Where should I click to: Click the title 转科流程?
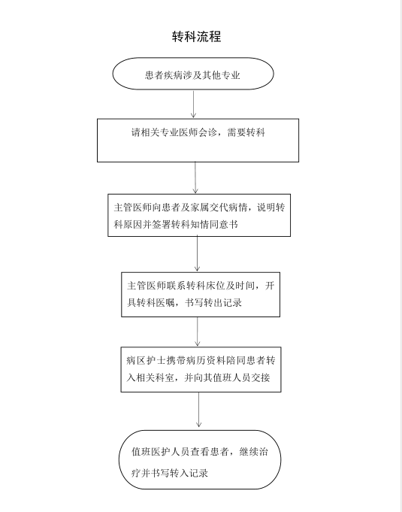click(x=197, y=36)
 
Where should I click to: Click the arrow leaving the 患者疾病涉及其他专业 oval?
click(x=194, y=104)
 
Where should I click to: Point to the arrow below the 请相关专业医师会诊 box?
click(x=195, y=177)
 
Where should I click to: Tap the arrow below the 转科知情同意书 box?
click(x=197, y=253)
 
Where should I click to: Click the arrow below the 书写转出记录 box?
click(x=198, y=332)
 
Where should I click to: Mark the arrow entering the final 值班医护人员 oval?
click(x=198, y=410)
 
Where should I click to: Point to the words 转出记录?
click(x=223, y=303)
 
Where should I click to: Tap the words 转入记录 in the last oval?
click(x=189, y=473)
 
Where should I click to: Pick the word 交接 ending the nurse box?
click(x=261, y=377)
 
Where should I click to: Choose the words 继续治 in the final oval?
click(x=254, y=452)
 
